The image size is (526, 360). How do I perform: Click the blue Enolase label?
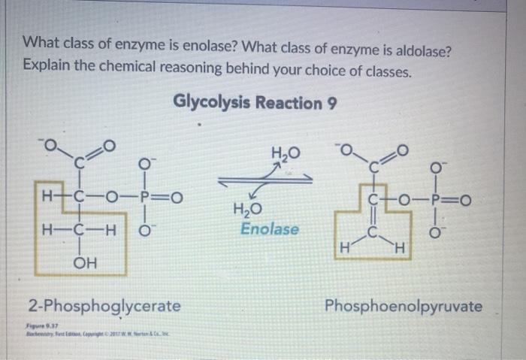click(x=270, y=228)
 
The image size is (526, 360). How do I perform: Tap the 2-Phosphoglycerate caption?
click(x=104, y=306)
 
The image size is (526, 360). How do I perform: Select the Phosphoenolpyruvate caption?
click(x=404, y=306)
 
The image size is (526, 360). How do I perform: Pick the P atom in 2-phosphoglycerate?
click(x=150, y=198)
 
